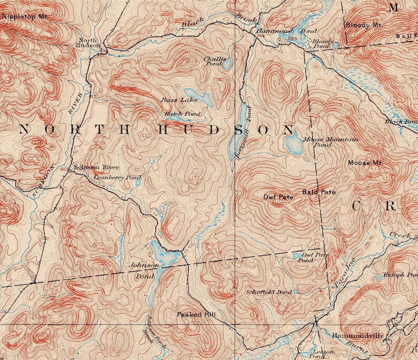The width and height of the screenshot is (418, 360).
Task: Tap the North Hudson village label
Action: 88,43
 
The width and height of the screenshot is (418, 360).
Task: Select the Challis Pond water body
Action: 226,64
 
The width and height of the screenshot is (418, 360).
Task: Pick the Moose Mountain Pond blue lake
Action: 293,144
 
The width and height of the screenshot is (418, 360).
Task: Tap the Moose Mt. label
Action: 364,163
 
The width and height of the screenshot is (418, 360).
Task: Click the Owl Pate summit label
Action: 278,197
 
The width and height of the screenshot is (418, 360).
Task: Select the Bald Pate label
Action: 319,192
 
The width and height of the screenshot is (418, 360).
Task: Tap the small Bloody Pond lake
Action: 335,46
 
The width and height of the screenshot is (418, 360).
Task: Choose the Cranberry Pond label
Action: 117,178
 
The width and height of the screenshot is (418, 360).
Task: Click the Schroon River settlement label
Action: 93,167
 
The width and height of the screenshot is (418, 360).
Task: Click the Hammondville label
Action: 356,335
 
